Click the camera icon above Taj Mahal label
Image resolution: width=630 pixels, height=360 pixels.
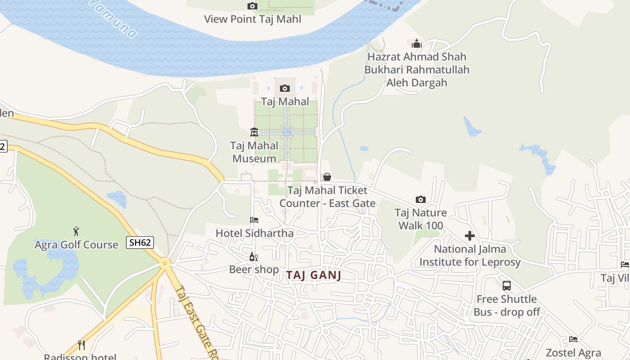[284, 88]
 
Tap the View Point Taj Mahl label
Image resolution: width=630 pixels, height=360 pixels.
[252, 19]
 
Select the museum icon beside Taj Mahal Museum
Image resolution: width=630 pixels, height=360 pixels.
[254, 132]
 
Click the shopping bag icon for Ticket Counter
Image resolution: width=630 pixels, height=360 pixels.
[327, 177]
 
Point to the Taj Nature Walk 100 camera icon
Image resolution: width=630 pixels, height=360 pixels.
[421, 199]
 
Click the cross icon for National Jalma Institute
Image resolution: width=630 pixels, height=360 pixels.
[470, 236]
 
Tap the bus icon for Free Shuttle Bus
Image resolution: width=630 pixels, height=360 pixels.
[507, 286]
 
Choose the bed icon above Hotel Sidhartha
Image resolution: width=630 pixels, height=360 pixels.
[254, 220]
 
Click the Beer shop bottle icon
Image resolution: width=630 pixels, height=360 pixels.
[254, 257]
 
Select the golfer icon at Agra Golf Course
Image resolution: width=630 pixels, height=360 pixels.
[76, 231]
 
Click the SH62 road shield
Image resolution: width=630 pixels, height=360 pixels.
[140, 243]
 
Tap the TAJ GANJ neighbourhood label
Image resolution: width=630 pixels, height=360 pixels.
[314, 275]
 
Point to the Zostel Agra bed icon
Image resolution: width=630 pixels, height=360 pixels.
[573, 339]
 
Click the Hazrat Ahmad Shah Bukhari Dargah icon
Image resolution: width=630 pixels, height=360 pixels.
[417, 44]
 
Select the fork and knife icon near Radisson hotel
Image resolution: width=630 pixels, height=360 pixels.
[81, 345]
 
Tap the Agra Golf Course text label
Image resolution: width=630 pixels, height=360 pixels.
[76, 245]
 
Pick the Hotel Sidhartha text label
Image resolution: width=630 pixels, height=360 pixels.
[255, 233]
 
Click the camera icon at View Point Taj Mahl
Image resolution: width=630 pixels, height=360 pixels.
[252, 6]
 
